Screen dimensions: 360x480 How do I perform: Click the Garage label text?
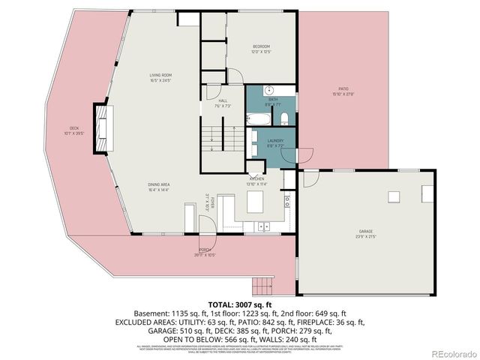(x=365, y=234)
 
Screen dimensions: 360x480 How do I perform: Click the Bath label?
(x=272, y=101)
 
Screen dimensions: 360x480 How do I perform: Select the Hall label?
(x=223, y=103)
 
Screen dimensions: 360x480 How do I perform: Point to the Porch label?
(x=205, y=252)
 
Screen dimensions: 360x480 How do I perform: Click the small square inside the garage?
(x=394, y=197)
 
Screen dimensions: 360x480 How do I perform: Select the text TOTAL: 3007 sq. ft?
(x=239, y=304)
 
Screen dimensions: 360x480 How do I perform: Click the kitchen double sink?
(x=263, y=225)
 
